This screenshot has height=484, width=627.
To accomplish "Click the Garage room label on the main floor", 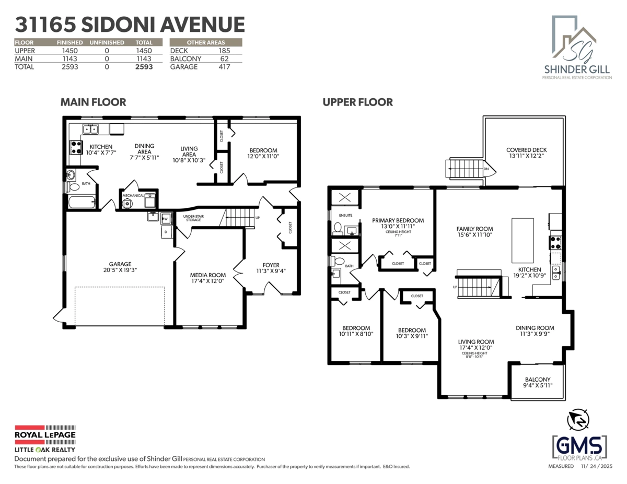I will tap(120, 264).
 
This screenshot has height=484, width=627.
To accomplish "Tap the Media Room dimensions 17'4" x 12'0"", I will tap(207, 282).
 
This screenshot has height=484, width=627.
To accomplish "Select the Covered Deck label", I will tap(526, 150).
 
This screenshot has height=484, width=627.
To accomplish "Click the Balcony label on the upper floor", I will tap(538, 380).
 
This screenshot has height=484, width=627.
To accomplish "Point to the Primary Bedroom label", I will tap(398, 220).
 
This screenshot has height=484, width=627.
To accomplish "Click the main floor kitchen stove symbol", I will tap(76, 147).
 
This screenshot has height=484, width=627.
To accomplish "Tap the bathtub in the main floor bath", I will tap(82, 202).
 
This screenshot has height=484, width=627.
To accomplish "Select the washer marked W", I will tap(166, 218).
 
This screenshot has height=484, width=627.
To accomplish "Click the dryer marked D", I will tap(166, 232).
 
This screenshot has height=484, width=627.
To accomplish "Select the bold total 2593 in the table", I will tap(144, 67).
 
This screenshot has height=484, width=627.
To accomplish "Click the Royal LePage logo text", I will tap(44, 434).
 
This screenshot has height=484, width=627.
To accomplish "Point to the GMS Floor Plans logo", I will tap(579, 447).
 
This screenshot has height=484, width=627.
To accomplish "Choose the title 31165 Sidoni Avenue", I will tap(130, 25).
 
